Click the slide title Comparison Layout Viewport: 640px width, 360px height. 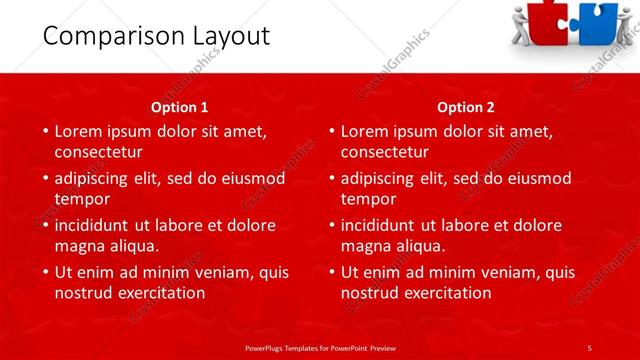pyautogui.click(x=143, y=37)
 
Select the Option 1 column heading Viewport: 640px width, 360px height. pyautogui.click(x=180, y=107)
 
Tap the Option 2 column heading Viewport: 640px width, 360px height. pyautogui.click(x=466, y=107)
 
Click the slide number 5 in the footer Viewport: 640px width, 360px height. pyautogui.click(x=589, y=347)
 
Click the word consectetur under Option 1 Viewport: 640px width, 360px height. pyautogui.click(x=99, y=152)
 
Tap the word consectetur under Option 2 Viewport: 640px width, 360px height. pyautogui.click(x=385, y=152)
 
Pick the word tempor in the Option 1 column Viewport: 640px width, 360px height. pyautogui.click(x=83, y=198)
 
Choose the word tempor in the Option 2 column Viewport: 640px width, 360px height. pyautogui.click(x=369, y=198)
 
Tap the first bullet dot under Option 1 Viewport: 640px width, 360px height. pyautogui.click(x=45, y=131)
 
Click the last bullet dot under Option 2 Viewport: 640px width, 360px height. pyautogui.click(x=331, y=272)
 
